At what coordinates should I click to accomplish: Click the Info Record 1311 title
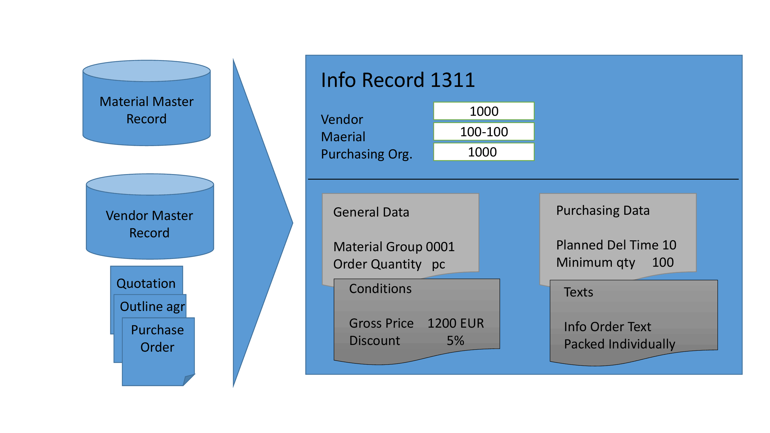click(x=398, y=80)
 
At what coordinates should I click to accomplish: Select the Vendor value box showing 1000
click(x=484, y=111)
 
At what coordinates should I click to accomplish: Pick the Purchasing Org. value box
click(x=484, y=152)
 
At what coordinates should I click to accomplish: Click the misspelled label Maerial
click(x=343, y=137)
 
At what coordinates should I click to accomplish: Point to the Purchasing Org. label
click(x=366, y=154)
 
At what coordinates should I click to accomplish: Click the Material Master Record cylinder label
click(x=146, y=110)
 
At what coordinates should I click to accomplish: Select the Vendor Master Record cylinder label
click(x=150, y=224)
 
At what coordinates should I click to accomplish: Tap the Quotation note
click(x=146, y=283)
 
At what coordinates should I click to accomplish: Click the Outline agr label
click(x=152, y=307)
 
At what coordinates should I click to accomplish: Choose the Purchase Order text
click(x=158, y=339)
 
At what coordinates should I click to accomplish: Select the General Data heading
click(x=371, y=212)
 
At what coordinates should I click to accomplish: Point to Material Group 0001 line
click(x=394, y=247)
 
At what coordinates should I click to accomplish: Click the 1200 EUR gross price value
click(x=455, y=323)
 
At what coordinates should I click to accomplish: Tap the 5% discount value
click(x=455, y=341)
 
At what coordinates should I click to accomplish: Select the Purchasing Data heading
click(x=603, y=211)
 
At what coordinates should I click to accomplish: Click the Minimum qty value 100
click(x=663, y=262)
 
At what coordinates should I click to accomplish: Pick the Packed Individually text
click(x=619, y=344)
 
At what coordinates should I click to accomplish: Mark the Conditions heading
click(x=380, y=289)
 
